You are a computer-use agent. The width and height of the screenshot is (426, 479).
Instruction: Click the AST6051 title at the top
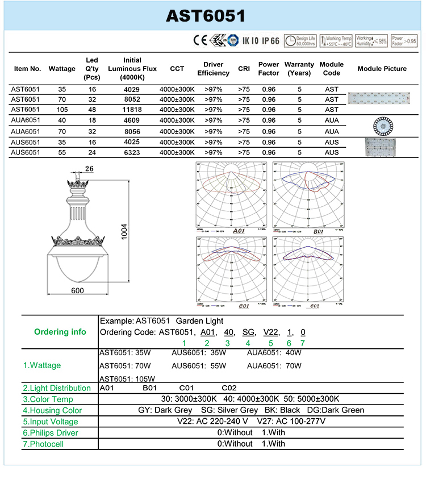tap(206, 16)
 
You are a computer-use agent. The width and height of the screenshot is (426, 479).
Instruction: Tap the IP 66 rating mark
tap(270, 41)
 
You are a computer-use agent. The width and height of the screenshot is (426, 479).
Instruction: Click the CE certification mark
tap(199, 41)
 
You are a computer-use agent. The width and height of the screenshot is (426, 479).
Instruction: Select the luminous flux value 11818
tap(132, 110)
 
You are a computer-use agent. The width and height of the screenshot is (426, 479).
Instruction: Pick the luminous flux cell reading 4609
tap(132, 120)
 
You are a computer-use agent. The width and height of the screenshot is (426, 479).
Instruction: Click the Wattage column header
tap(62, 69)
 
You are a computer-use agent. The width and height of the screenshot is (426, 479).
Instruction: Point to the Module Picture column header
tap(382, 69)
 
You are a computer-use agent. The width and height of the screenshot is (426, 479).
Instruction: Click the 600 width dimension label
tap(77, 291)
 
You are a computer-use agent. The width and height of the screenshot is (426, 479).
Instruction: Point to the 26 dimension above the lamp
tap(89, 168)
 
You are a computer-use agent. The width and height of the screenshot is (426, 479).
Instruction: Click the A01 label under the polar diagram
tap(239, 231)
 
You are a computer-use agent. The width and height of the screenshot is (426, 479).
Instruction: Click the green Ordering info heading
tap(60, 332)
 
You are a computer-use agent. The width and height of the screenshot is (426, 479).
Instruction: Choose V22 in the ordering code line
tap(271, 332)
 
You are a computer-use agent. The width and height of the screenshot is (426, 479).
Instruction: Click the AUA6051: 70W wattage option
tap(274, 366)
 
